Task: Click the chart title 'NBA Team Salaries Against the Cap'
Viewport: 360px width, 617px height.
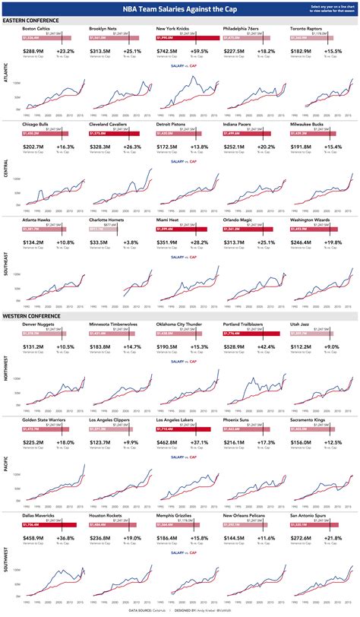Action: coord(179,9)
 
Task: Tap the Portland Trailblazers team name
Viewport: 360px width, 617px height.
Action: coord(248,323)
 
